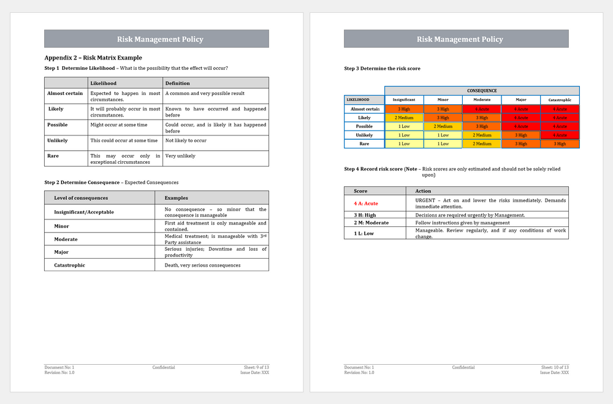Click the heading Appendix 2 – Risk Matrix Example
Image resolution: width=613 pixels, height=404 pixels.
pyautogui.click(x=93, y=58)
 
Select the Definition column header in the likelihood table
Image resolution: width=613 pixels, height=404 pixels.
pyautogui.click(x=178, y=83)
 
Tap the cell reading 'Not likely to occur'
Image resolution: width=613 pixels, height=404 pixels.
pyautogui.click(x=186, y=140)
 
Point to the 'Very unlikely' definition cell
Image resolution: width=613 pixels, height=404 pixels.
pyautogui.click(x=180, y=156)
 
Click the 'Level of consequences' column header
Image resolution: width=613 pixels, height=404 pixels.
pyautogui.click(x=81, y=198)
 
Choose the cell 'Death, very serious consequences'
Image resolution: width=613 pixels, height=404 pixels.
pyautogui.click(x=202, y=265)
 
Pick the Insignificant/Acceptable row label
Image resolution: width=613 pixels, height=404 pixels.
pyautogui.click(x=84, y=212)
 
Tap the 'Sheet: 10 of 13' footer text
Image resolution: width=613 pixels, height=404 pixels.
pyautogui.click(x=555, y=367)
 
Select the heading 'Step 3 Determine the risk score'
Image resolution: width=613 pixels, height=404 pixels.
pyautogui.click(x=382, y=69)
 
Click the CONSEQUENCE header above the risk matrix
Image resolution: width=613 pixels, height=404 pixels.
pyautogui.click(x=482, y=91)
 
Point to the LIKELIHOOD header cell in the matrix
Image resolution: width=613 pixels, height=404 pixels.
pyautogui.click(x=358, y=99)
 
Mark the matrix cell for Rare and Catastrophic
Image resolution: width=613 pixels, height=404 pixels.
pyautogui.click(x=560, y=144)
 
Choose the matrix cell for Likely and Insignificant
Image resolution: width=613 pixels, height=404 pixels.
pyautogui.click(x=404, y=118)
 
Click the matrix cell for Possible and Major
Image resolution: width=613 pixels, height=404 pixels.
pyautogui.click(x=520, y=126)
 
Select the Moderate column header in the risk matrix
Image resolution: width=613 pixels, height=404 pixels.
pyautogui.click(x=482, y=99)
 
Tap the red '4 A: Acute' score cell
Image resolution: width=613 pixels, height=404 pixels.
pyautogui.click(x=366, y=203)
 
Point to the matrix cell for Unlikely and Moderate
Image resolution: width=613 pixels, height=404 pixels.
pyautogui.click(x=482, y=135)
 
